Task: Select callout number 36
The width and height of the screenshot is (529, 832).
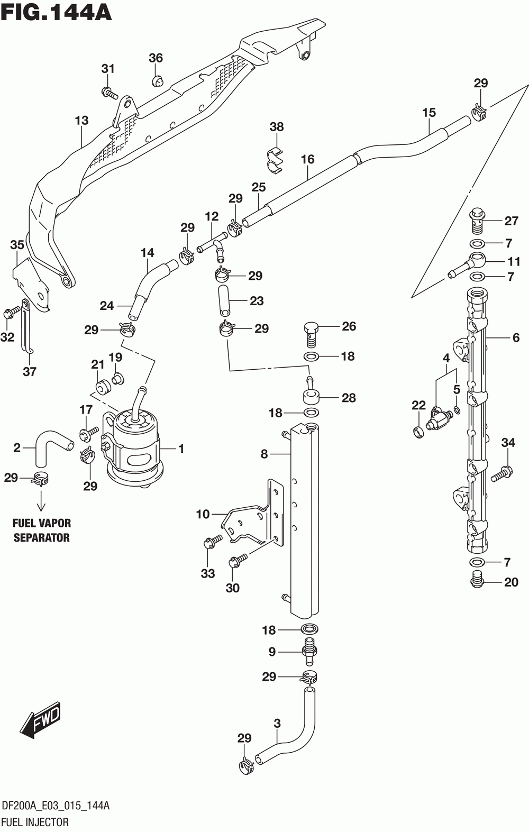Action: point(156,58)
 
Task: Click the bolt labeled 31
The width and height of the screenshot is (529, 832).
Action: point(109,92)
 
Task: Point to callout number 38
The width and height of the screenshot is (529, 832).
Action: point(276,126)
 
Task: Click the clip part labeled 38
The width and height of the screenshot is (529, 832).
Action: point(276,160)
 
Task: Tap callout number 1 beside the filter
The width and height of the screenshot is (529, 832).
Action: point(181,449)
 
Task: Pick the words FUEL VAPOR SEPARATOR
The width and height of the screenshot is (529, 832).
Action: point(42,531)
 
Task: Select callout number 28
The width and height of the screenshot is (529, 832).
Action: point(349,398)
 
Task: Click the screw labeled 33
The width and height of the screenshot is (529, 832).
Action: point(212,541)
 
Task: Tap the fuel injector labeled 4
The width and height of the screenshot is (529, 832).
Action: point(439,420)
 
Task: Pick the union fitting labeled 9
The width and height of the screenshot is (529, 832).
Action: point(309,652)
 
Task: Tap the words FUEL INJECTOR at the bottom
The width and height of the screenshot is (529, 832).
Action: point(35,821)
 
